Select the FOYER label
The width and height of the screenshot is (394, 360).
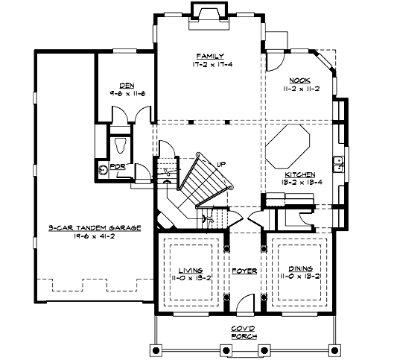(x=244, y=269)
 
